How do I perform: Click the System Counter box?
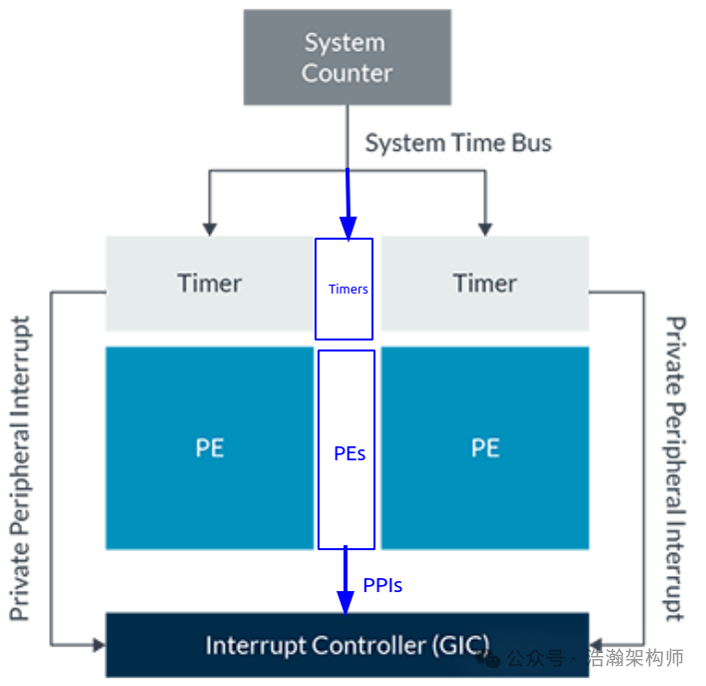[347, 57]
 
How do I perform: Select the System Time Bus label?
[457, 143]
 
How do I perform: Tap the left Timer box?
[209, 284]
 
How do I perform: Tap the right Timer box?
[484, 284]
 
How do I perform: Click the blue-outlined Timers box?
[345, 289]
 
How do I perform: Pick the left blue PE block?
[209, 447]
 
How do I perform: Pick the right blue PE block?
[484, 447]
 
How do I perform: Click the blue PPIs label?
[382, 585]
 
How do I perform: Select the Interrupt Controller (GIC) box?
[347, 645]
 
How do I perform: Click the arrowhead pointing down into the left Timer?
[209, 226]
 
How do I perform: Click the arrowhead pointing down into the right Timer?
[485, 226]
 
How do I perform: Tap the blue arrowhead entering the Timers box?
[349, 229]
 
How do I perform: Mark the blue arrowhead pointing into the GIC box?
[346, 602]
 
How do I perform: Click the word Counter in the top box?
[347, 73]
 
